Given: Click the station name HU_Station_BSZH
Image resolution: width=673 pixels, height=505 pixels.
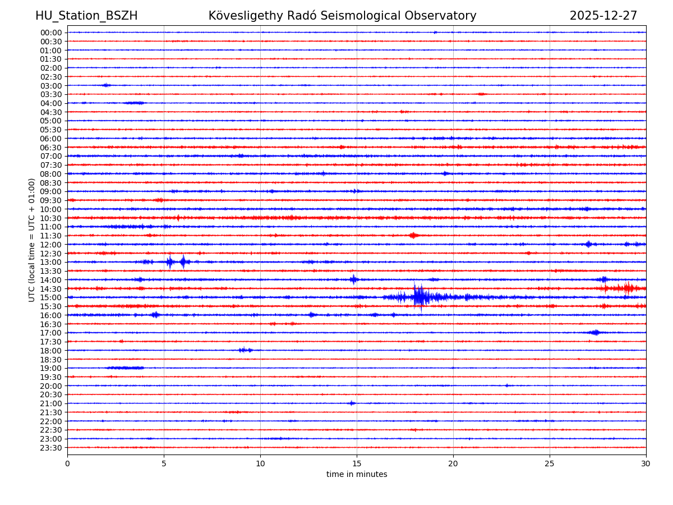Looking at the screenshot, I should point(86,16).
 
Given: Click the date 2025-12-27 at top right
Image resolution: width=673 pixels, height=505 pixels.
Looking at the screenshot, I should point(603,16).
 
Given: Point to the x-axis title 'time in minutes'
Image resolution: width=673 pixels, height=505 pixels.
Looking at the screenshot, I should point(357,475).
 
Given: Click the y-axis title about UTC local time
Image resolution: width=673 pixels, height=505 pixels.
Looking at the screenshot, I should point(32,240).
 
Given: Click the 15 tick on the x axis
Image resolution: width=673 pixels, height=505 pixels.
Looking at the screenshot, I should point(357,463).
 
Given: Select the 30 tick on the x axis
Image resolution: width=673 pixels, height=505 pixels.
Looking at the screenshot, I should point(646,463).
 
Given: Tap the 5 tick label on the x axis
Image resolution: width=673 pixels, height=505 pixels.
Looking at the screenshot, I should point(164,463).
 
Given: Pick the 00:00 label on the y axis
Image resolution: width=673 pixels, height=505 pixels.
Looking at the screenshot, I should point(51,33).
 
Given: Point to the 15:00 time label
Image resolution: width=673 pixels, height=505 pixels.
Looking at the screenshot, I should point(51,297).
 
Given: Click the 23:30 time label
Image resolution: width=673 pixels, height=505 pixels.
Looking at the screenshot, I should point(51,448).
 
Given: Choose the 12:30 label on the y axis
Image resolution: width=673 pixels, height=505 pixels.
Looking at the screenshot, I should point(51,254).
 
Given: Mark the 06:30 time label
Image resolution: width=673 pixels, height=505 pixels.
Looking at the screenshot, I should point(51,148).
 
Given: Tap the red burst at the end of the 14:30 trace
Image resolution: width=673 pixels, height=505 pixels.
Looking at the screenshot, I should point(627,288).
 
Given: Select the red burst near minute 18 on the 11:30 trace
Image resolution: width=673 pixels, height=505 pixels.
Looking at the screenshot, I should point(413,236).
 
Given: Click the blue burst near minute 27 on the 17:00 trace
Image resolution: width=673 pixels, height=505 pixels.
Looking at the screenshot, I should point(595,333).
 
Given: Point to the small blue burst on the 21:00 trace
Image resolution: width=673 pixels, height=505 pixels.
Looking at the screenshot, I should point(352,403).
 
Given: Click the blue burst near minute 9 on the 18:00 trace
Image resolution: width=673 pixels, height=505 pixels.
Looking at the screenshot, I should point(245,350).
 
